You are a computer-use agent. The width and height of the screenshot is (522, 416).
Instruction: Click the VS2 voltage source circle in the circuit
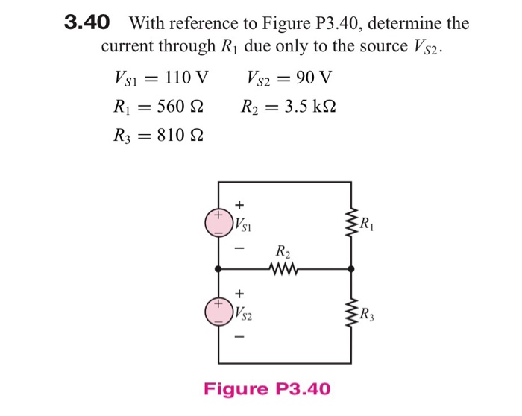coord(218,311)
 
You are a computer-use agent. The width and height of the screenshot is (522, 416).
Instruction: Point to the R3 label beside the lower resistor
coord(368,313)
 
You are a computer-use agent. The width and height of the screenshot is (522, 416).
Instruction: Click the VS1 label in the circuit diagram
coord(243,224)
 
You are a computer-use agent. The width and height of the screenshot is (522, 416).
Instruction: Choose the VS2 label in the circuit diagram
coord(243,313)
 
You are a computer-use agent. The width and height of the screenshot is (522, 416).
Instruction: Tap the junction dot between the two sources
coord(218,268)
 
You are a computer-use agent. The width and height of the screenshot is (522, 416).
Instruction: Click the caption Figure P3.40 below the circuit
coord(267,389)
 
